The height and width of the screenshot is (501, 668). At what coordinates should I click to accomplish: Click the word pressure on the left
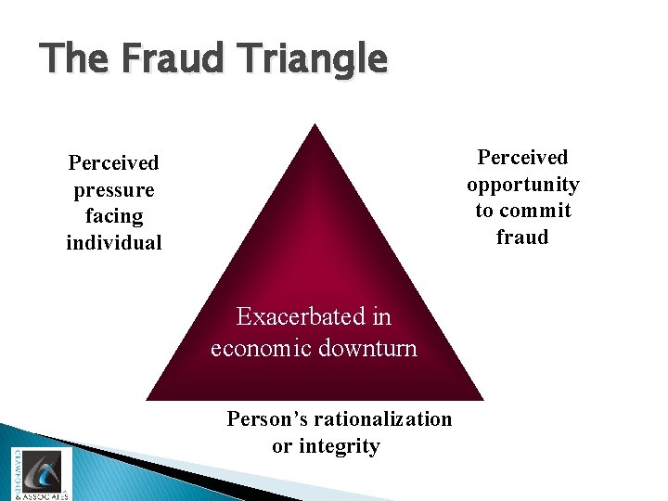114,190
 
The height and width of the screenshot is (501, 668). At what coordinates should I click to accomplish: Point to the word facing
114,217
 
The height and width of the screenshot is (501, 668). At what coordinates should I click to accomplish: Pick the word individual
114,243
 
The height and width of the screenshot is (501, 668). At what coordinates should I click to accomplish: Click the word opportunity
522,185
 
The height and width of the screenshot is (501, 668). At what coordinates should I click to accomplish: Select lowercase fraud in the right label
522,237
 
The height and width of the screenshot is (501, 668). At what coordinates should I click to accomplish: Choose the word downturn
373,349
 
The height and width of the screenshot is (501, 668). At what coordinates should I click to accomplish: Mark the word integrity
340,446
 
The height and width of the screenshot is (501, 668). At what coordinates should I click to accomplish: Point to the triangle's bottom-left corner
148,399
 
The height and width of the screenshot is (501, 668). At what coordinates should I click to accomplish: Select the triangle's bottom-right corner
483,399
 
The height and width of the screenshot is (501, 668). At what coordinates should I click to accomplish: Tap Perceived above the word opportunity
522,158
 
